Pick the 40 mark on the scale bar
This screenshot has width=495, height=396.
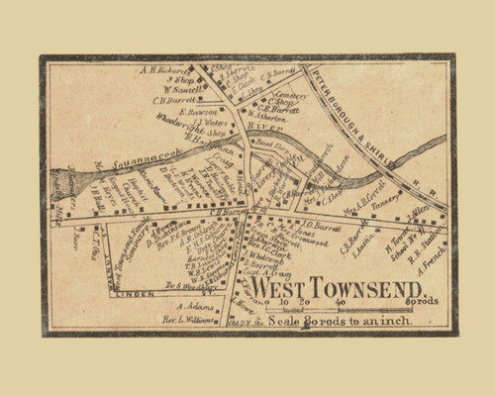coord(340,302)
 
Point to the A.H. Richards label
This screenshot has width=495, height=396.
coord(162,70)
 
